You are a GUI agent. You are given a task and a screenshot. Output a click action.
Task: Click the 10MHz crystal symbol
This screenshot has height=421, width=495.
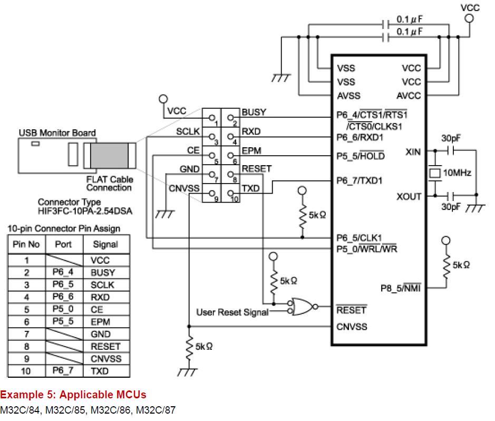(435, 173)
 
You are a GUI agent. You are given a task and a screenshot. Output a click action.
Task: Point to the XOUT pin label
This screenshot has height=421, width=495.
(409, 196)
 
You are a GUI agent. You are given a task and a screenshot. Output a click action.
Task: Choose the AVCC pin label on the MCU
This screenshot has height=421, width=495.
(409, 95)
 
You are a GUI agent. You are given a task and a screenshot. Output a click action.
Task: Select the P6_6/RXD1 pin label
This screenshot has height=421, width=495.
(360, 137)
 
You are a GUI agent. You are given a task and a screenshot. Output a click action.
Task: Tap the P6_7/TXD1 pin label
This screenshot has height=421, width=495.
(360, 181)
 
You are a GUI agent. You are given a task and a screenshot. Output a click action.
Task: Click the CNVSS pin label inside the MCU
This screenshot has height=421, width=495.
(352, 327)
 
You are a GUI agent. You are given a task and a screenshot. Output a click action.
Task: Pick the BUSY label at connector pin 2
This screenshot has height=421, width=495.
(254, 112)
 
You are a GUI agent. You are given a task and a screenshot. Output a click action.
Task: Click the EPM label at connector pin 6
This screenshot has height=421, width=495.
(251, 151)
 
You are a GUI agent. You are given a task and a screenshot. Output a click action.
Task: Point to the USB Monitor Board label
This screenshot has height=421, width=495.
(57, 132)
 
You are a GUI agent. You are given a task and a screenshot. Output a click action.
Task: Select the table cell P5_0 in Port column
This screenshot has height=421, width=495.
(63, 310)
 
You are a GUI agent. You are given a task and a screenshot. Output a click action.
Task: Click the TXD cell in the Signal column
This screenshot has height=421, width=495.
(100, 371)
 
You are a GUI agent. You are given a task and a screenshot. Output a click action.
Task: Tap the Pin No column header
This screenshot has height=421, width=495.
(26, 245)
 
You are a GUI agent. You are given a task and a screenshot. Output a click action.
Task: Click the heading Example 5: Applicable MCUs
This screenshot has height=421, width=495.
(73, 394)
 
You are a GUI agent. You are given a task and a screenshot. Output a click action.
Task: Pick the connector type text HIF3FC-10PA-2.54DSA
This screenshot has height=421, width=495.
(85, 212)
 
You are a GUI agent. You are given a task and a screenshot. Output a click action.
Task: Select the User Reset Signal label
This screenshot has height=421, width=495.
(232, 312)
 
